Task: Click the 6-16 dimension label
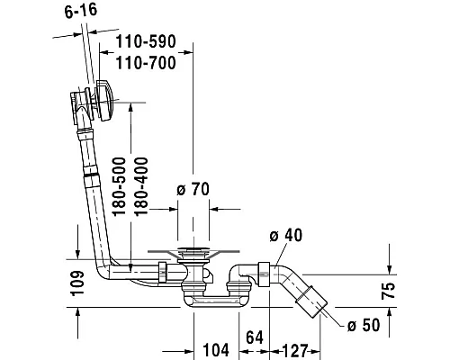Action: pyautogui.click(x=81, y=11)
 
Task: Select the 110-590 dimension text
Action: pyautogui.click(x=146, y=41)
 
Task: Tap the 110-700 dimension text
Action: pyautogui.click(x=146, y=63)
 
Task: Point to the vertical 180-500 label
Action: pyautogui.click(x=119, y=186)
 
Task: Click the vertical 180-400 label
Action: pyautogui.click(x=141, y=186)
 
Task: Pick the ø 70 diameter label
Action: pyautogui.click(x=193, y=189)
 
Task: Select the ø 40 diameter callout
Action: pyautogui.click(x=286, y=235)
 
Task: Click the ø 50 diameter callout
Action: pyautogui.click(x=364, y=325)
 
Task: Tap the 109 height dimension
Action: pyautogui.click(x=77, y=283)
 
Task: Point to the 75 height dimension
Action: pyautogui.click(x=388, y=291)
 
